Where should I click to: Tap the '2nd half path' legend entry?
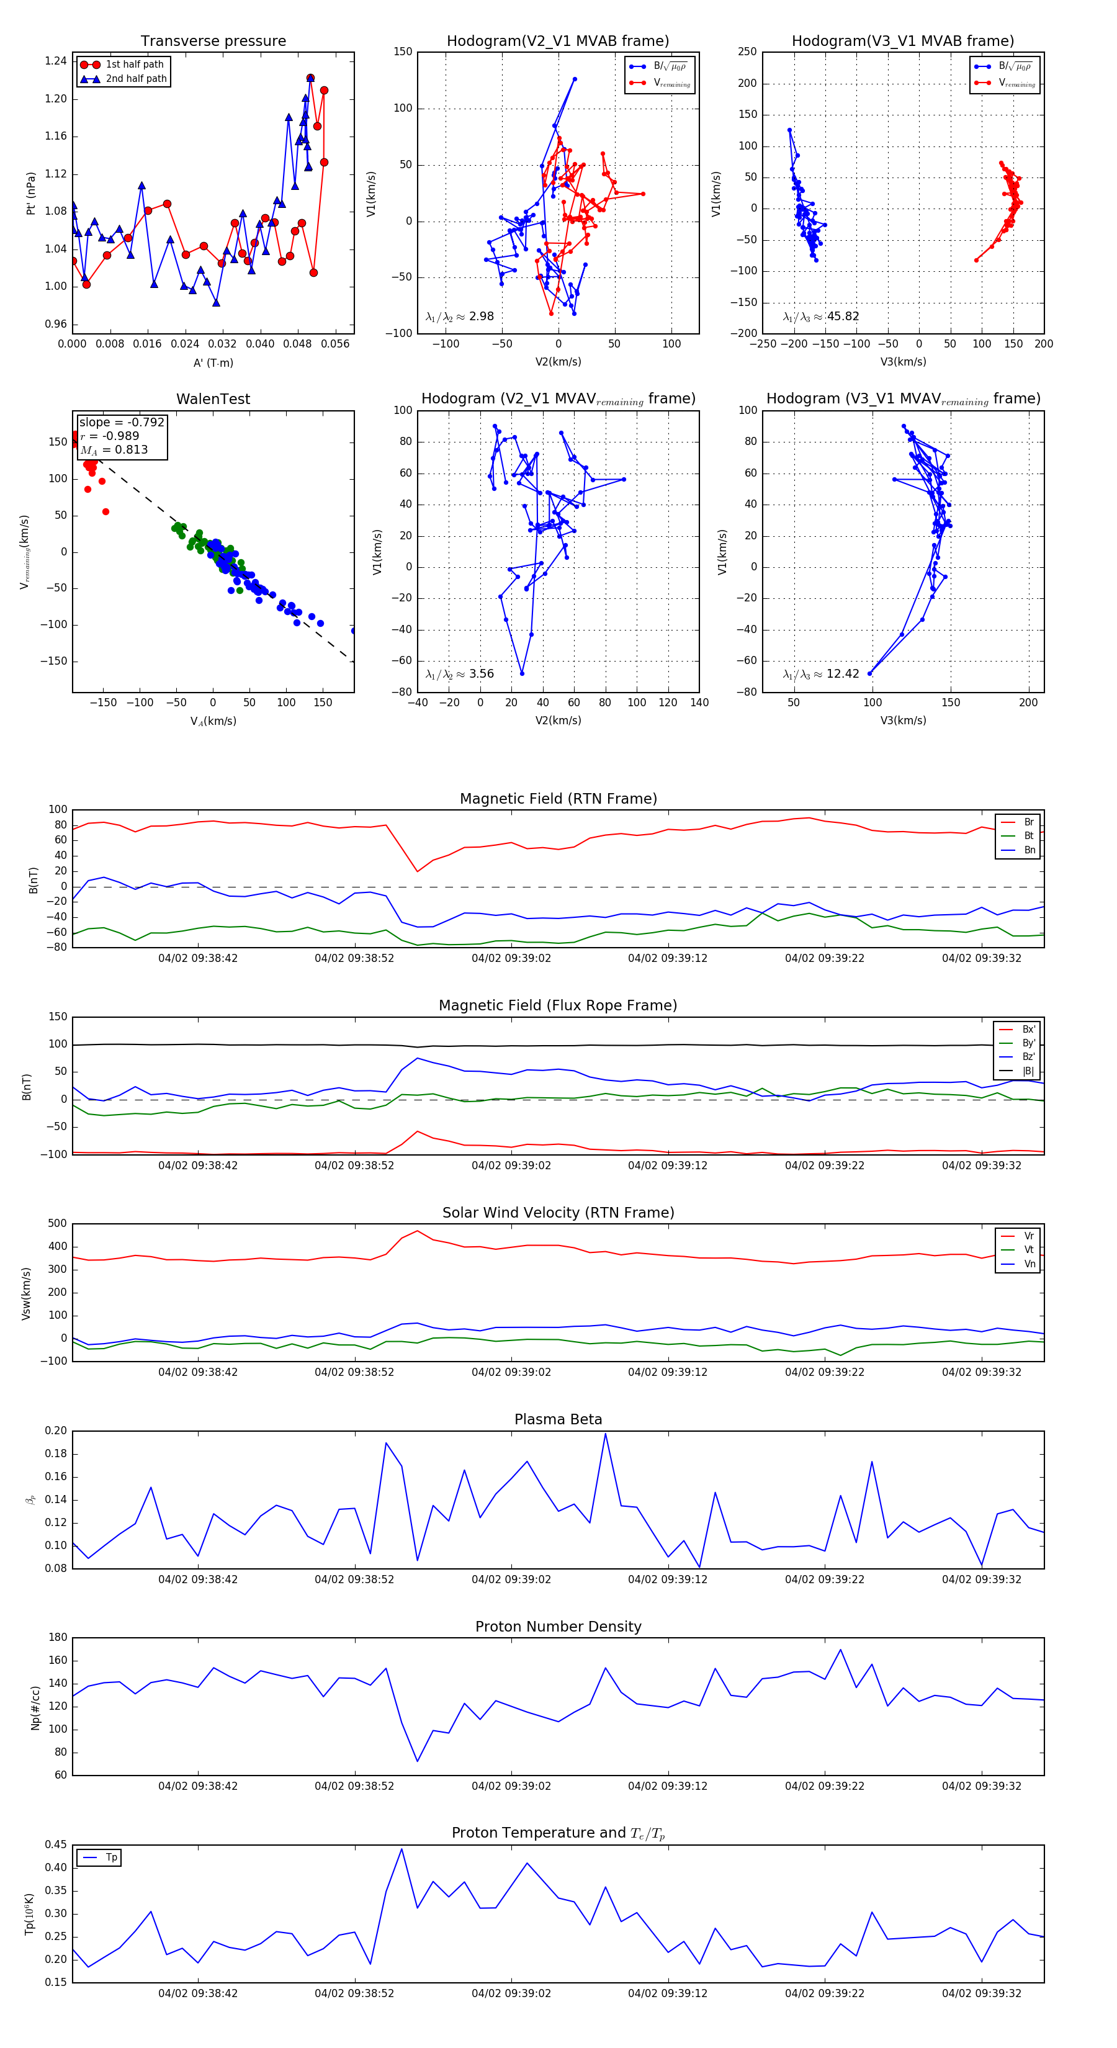pos(136,79)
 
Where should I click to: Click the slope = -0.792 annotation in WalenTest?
pos(122,422)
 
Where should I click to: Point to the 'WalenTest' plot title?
pos(213,399)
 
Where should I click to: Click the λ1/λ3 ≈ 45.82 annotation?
pos(820,317)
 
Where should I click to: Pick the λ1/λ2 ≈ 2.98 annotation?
pos(459,317)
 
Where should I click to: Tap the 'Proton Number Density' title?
pos(558,1627)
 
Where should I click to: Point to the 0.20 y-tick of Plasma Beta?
pos(56,1431)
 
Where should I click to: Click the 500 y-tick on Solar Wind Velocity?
pos(57,1224)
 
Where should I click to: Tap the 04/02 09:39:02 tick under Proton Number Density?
pos(511,1785)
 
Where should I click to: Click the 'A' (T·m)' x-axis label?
pos(213,362)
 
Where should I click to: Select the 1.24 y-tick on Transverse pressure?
pos(56,61)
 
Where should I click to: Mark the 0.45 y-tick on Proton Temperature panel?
pos(56,1844)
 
